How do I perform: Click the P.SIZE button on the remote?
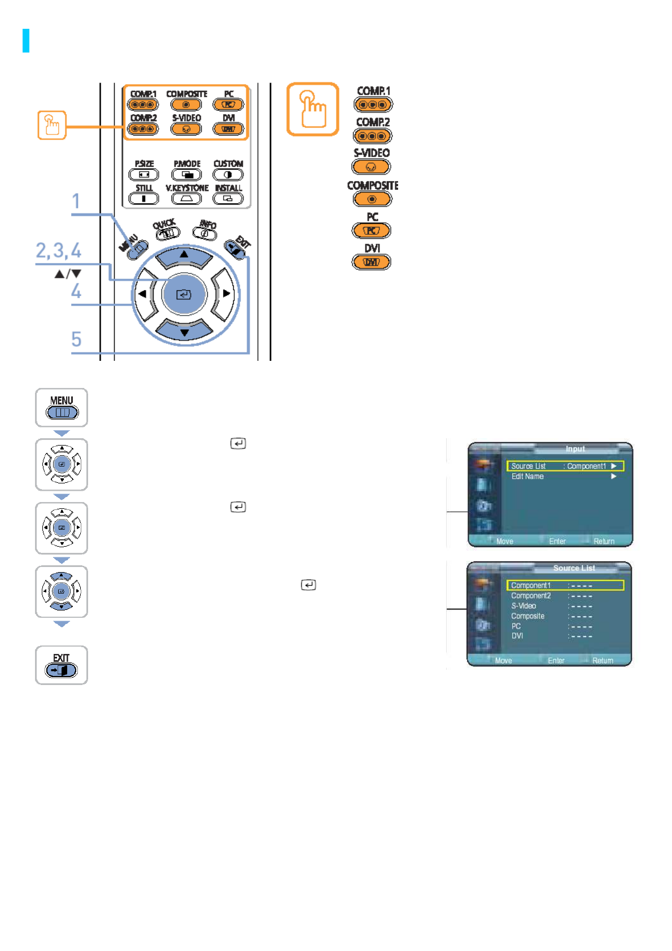[144, 175]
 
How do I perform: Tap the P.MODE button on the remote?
[186, 175]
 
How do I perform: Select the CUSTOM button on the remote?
[228, 175]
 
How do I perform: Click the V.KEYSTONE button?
[186, 198]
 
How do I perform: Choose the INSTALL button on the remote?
[228, 198]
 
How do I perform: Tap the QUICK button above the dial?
[167, 232]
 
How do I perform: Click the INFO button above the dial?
[206, 233]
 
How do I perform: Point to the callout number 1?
[76, 202]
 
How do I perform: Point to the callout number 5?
[76, 339]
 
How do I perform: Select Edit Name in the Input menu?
[527, 477]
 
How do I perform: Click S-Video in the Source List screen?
[523, 606]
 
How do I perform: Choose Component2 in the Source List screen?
[531, 596]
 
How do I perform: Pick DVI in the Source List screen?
[517, 636]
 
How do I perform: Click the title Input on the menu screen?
[575, 449]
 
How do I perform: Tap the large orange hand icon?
[313, 109]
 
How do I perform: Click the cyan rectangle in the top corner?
[26, 41]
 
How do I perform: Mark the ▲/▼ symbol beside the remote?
[68, 274]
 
